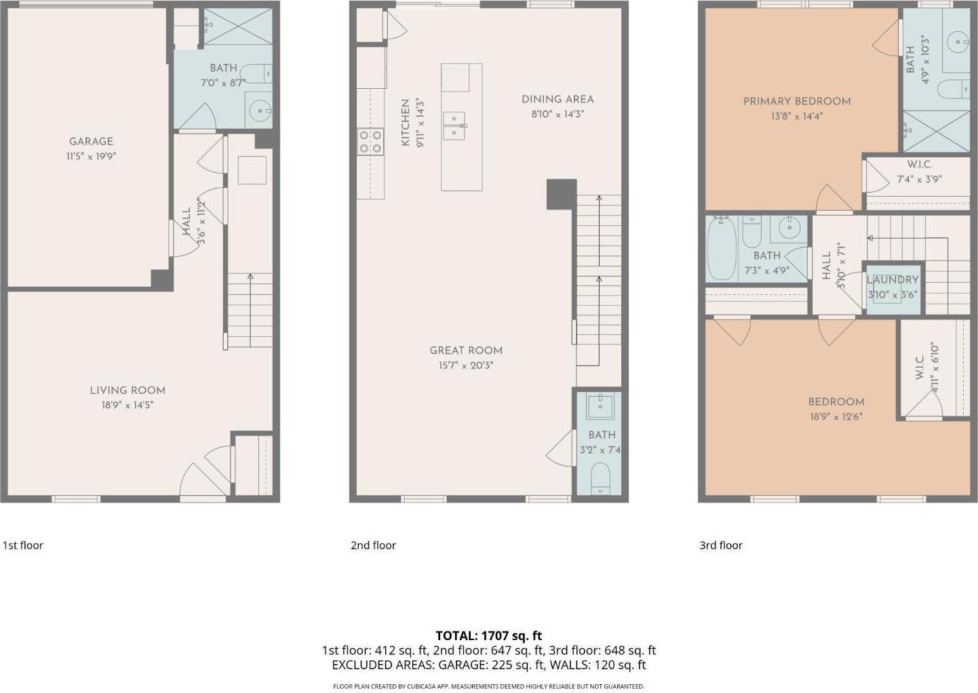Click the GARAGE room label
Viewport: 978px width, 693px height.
[x=91, y=141]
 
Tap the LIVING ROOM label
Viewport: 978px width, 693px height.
[x=128, y=390]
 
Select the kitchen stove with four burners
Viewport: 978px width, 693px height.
[x=370, y=142]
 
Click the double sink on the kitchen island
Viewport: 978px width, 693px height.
[x=454, y=125]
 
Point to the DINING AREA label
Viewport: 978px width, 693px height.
[x=558, y=99]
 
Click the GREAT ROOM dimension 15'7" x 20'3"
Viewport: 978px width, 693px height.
[x=466, y=365]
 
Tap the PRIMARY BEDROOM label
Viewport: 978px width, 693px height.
[x=797, y=101]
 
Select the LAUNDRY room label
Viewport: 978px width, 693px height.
[x=892, y=279]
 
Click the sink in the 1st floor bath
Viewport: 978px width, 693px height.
[x=260, y=110]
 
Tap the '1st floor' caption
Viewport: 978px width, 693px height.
[x=23, y=545]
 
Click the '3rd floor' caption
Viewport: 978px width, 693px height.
[x=721, y=545]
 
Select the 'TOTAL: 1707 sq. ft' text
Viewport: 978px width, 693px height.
[x=488, y=635]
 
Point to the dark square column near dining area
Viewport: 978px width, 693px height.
[x=562, y=194]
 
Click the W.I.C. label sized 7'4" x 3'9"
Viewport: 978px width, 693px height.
[x=919, y=165]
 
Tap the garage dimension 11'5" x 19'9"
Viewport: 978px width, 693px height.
[x=91, y=156]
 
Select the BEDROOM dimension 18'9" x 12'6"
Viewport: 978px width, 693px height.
[x=836, y=417]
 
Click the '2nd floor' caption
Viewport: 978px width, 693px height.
[x=373, y=545]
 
